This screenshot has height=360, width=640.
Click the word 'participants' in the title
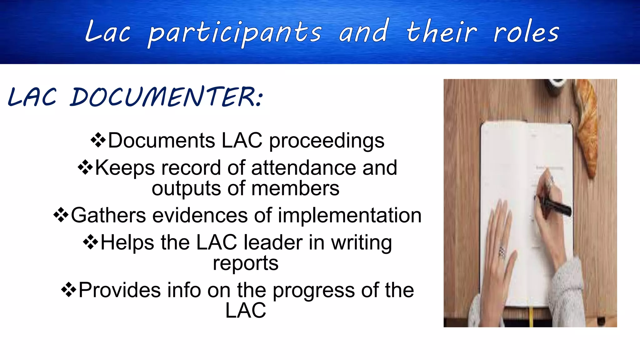pos(234,33)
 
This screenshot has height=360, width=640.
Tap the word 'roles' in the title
pos(526,33)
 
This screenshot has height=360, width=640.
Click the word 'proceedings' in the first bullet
pos(327,141)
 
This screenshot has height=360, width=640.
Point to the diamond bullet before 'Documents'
pos(98,140)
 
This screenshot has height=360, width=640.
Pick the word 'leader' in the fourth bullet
pos(273,242)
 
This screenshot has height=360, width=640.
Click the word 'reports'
pos(246,263)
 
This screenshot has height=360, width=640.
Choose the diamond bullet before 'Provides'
pos(69,290)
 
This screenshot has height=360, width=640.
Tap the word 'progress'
pos(314,290)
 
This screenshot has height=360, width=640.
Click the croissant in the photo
pos(587,128)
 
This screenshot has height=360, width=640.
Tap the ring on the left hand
pos(502,252)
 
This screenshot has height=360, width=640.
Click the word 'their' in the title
pos(441,33)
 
